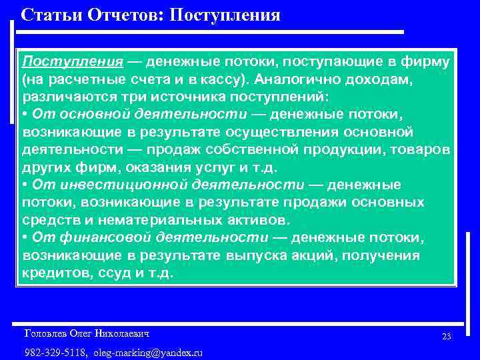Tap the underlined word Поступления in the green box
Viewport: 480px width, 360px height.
pos(73,62)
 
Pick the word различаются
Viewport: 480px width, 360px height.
pos(63,97)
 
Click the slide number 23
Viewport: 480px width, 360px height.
pos(447,337)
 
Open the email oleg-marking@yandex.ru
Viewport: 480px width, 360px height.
pos(148,352)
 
